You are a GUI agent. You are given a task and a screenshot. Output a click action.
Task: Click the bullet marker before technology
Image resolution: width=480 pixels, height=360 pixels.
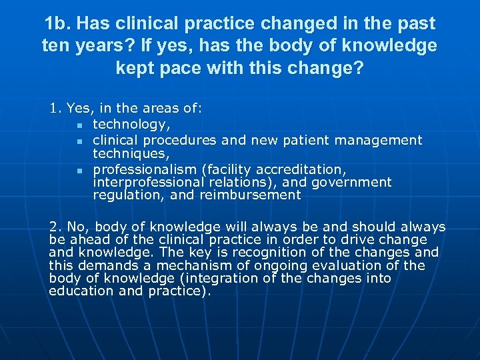[79, 125]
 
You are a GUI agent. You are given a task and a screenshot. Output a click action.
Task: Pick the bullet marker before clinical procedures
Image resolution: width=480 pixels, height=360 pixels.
[79, 141]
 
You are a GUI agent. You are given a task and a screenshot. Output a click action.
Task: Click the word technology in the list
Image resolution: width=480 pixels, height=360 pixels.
[131, 124]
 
